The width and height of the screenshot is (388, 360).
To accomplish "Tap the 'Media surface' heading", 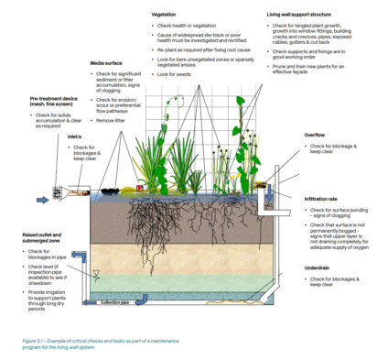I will tap(107, 63).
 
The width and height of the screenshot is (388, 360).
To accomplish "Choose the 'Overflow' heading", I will tap(313, 134).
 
